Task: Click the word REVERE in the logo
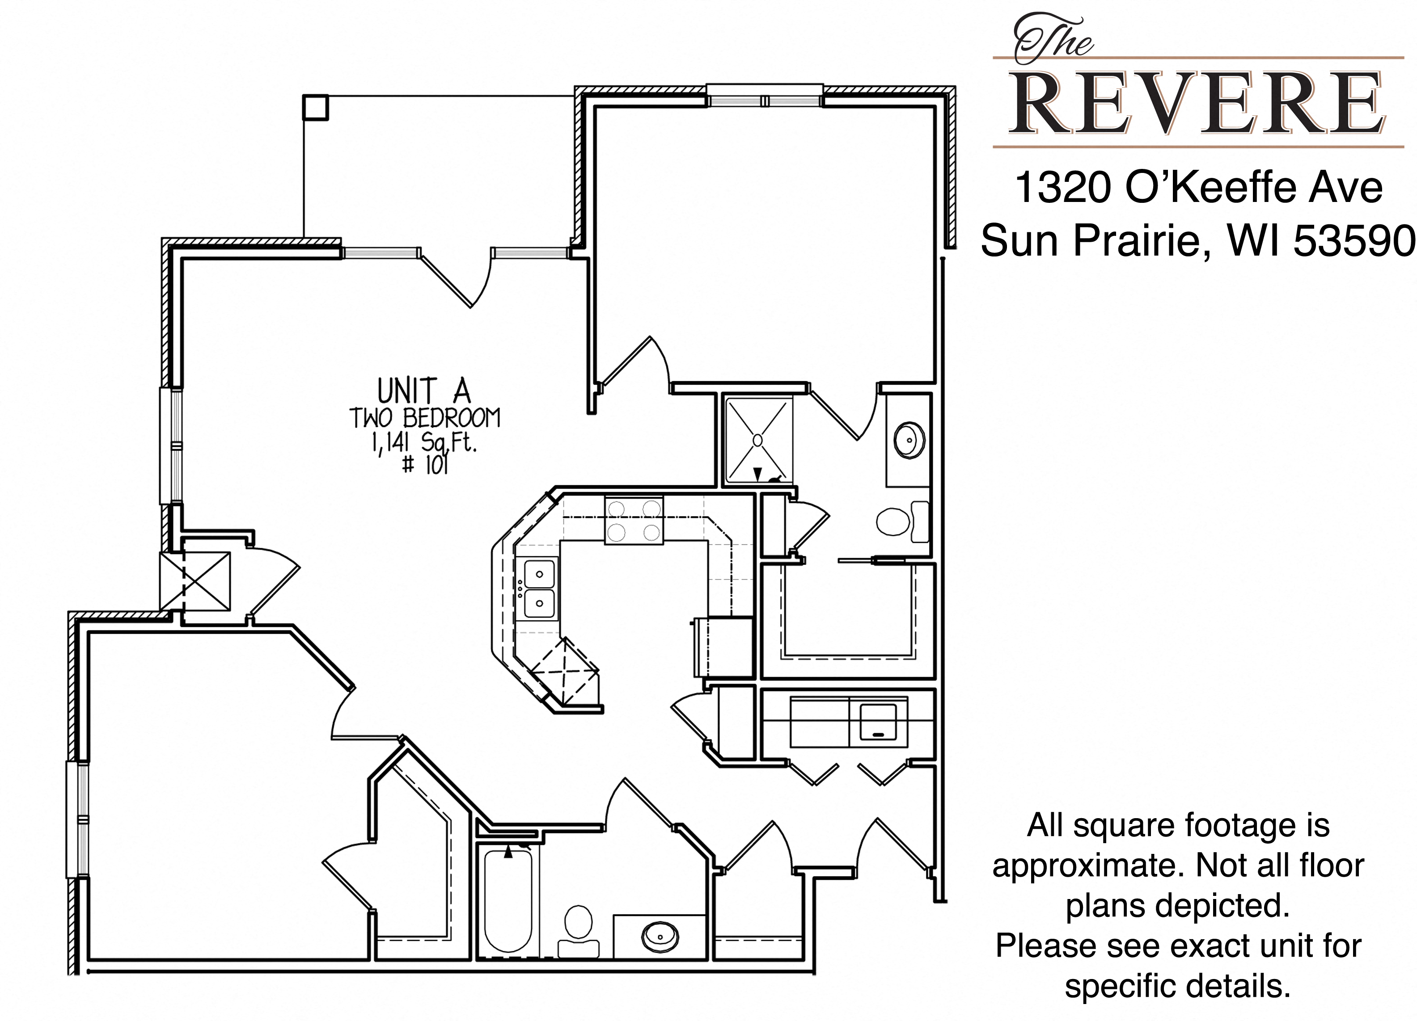pos(1197,104)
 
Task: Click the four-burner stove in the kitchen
pos(634,520)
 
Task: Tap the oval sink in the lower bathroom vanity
pos(660,936)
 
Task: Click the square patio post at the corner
pos(316,107)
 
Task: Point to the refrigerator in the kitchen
pos(723,647)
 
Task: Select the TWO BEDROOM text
pos(425,418)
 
